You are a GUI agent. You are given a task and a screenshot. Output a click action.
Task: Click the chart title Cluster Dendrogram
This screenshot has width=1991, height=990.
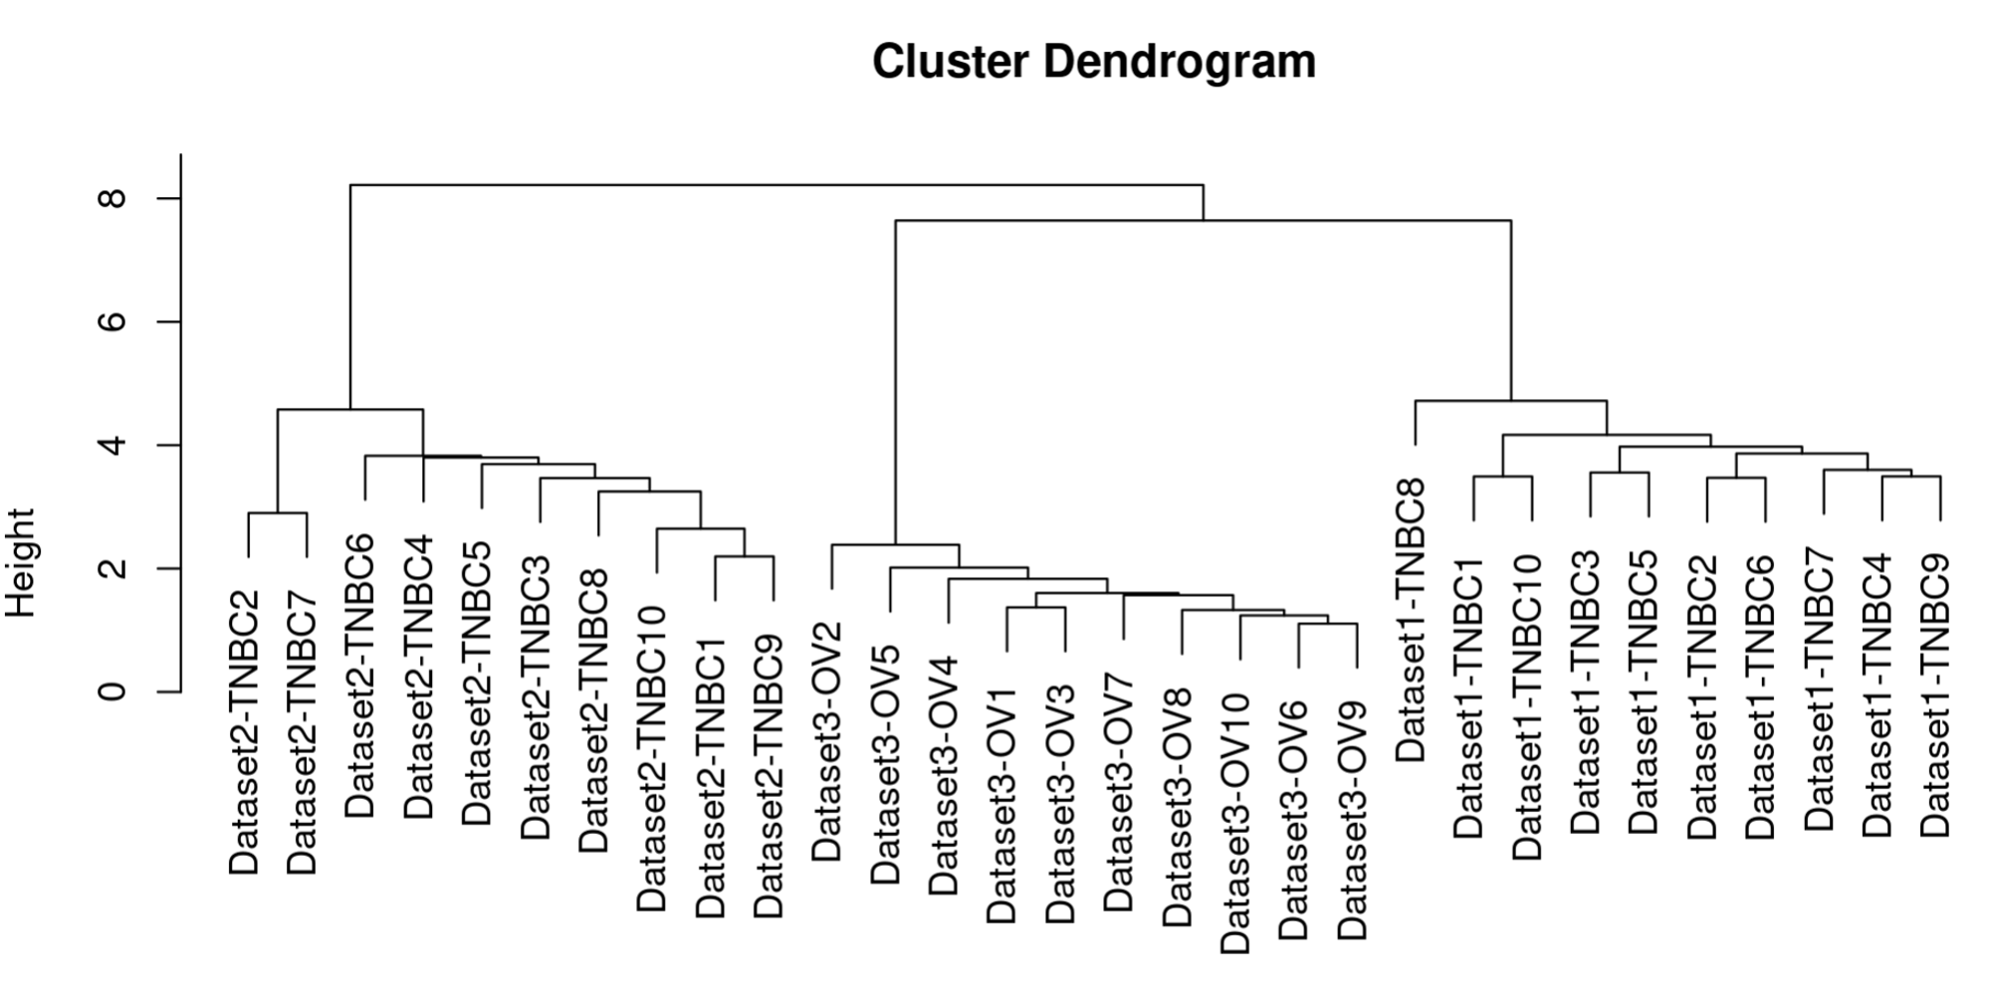point(1094,62)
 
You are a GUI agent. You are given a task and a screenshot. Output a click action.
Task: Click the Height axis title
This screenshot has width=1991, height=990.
point(21,562)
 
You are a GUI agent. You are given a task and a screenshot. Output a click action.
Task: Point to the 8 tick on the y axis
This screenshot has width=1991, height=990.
point(168,198)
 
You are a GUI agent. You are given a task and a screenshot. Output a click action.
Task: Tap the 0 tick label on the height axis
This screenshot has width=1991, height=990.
point(113,691)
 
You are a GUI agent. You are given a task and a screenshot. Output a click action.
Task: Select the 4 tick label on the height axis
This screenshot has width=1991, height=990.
point(113,445)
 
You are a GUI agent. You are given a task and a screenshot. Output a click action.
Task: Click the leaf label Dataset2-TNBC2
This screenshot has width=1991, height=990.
point(244,733)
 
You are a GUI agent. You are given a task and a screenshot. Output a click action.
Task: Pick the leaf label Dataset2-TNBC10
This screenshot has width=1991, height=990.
point(652,758)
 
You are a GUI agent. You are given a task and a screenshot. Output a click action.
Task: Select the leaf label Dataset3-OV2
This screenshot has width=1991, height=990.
point(827,741)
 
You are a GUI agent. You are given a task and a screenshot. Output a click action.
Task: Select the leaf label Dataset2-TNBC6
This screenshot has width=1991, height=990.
point(360,676)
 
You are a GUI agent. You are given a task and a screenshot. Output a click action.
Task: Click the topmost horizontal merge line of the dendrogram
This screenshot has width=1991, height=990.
point(776,185)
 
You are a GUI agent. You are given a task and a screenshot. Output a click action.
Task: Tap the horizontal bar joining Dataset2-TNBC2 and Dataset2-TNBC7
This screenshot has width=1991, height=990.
point(277,513)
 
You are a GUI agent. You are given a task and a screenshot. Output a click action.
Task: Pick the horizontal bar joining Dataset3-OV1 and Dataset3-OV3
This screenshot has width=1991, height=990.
point(1036,607)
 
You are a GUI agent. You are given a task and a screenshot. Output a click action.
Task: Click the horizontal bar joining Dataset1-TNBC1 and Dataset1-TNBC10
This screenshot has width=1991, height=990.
point(1503,477)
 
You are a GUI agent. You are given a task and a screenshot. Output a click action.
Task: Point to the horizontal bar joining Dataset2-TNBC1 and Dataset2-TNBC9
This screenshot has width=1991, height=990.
point(745,557)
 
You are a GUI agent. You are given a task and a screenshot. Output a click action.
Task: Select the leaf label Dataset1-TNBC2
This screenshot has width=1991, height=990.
point(1702,696)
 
